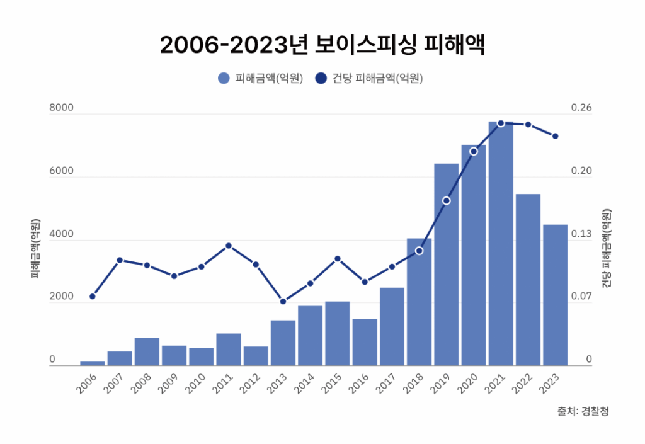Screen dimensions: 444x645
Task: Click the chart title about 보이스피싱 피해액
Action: (322, 45)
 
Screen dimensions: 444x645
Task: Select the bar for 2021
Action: (501, 246)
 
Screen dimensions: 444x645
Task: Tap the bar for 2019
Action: (446, 265)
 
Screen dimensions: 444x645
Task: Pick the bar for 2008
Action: (147, 351)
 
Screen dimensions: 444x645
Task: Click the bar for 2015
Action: (337, 333)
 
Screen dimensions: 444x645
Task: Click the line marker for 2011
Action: (229, 246)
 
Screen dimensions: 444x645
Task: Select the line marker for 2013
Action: (283, 301)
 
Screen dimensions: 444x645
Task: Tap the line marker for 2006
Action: (93, 296)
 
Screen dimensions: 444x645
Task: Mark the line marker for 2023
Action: (555, 136)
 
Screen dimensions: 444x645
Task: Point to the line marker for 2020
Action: (474, 151)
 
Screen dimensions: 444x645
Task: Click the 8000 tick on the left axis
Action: (62, 108)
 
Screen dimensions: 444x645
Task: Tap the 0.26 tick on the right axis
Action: (581, 108)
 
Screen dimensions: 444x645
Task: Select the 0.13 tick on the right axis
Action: (581, 234)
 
